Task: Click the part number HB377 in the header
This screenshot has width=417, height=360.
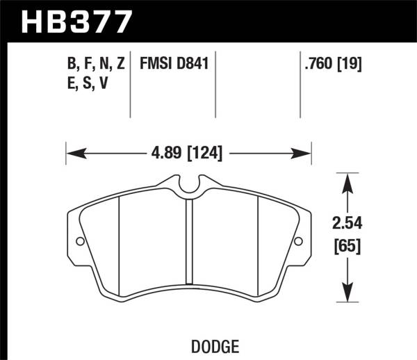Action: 76,21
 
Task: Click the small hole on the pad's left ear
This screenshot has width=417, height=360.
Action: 79,242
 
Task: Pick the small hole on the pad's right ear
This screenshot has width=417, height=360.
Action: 298,242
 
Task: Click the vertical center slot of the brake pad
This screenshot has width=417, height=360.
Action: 188,240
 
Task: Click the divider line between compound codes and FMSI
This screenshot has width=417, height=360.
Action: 131,87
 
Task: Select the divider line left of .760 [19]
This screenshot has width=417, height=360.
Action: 300,87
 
